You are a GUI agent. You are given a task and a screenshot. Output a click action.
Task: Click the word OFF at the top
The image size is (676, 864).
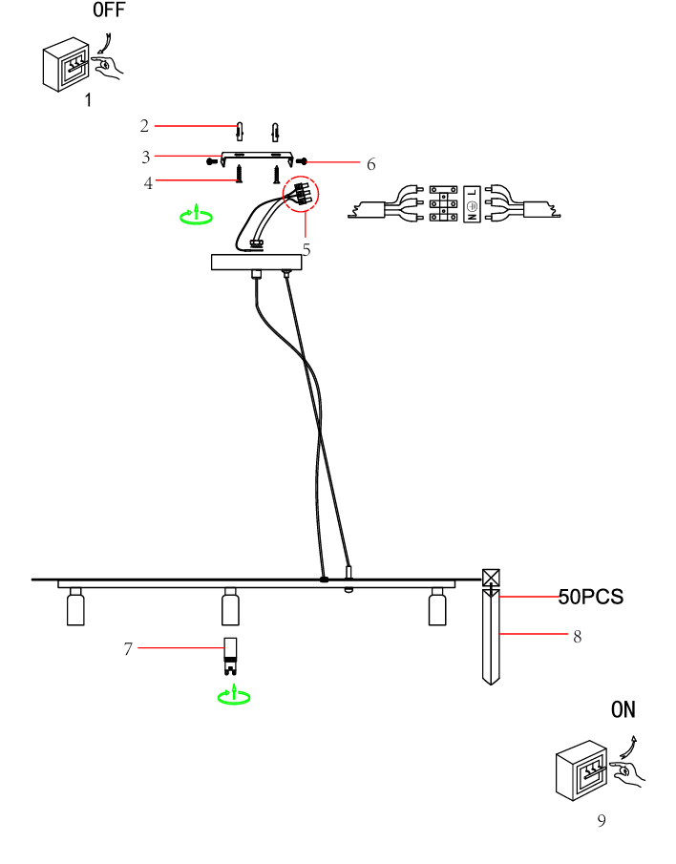(x=109, y=11)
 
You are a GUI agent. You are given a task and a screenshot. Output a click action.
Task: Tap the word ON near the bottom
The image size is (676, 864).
(x=623, y=709)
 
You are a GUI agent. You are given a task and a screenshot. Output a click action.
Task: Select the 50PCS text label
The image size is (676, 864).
(x=591, y=597)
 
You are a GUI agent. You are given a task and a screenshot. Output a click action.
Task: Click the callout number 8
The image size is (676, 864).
(x=578, y=636)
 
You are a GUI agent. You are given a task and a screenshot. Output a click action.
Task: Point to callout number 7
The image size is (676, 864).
(x=128, y=649)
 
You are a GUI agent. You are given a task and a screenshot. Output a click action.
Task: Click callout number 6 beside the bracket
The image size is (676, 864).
(x=370, y=164)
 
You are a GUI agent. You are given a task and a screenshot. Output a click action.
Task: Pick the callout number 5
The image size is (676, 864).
(x=306, y=249)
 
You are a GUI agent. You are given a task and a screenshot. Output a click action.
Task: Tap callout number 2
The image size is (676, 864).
(x=144, y=126)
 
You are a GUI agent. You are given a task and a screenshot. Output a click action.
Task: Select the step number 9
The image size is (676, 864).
(x=602, y=820)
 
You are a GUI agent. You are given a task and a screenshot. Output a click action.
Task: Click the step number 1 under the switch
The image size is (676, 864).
(x=88, y=99)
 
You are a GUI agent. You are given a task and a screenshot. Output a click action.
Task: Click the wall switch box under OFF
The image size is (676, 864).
(x=68, y=65)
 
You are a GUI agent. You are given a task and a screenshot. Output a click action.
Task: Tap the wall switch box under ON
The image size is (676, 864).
(x=582, y=770)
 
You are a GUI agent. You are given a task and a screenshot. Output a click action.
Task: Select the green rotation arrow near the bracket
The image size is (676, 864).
(x=197, y=216)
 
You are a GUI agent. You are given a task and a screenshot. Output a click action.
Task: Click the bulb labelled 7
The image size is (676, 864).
(x=230, y=649)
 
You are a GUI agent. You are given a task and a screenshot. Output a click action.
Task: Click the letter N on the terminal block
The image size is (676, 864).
(x=471, y=217)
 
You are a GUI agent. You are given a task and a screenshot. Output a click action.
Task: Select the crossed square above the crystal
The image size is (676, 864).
(x=491, y=579)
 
